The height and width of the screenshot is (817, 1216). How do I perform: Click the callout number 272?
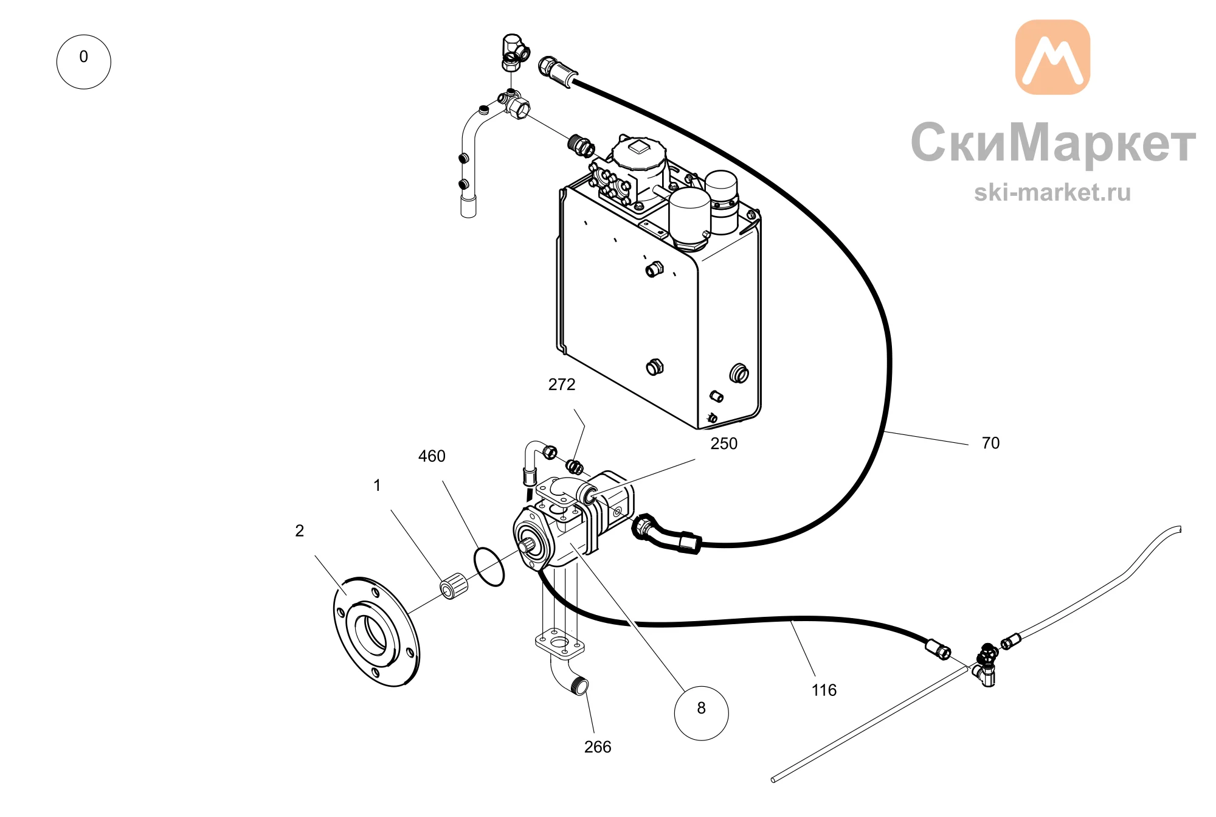pyautogui.click(x=561, y=384)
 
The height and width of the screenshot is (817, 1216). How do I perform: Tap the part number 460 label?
pyautogui.click(x=432, y=456)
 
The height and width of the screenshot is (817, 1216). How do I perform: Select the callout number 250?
pyautogui.click(x=724, y=443)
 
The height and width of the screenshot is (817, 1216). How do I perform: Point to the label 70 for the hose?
pyautogui.click(x=990, y=443)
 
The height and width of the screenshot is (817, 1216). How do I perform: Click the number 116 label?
pyautogui.click(x=824, y=690)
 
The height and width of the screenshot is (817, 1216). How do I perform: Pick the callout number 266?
pyautogui.click(x=598, y=747)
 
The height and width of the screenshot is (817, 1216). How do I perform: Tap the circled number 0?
pyautogui.click(x=84, y=62)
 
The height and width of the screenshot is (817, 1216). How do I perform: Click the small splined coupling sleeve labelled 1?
pyautogui.click(x=454, y=586)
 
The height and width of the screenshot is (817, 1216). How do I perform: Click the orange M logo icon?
pyautogui.click(x=1052, y=57)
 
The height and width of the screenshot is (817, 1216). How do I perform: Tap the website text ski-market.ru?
pyautogui.click(x=1052, y=192)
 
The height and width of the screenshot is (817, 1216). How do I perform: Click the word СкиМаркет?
pyautogui.click(x=1053, y=144)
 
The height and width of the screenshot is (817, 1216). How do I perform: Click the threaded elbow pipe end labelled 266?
pyautogui.click(x=580, y=686)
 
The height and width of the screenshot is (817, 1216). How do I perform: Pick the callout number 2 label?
pyautogui.click(x=299, y=531)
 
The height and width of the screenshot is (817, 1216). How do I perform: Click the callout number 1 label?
pyautogui.click(x=377, y=485)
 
